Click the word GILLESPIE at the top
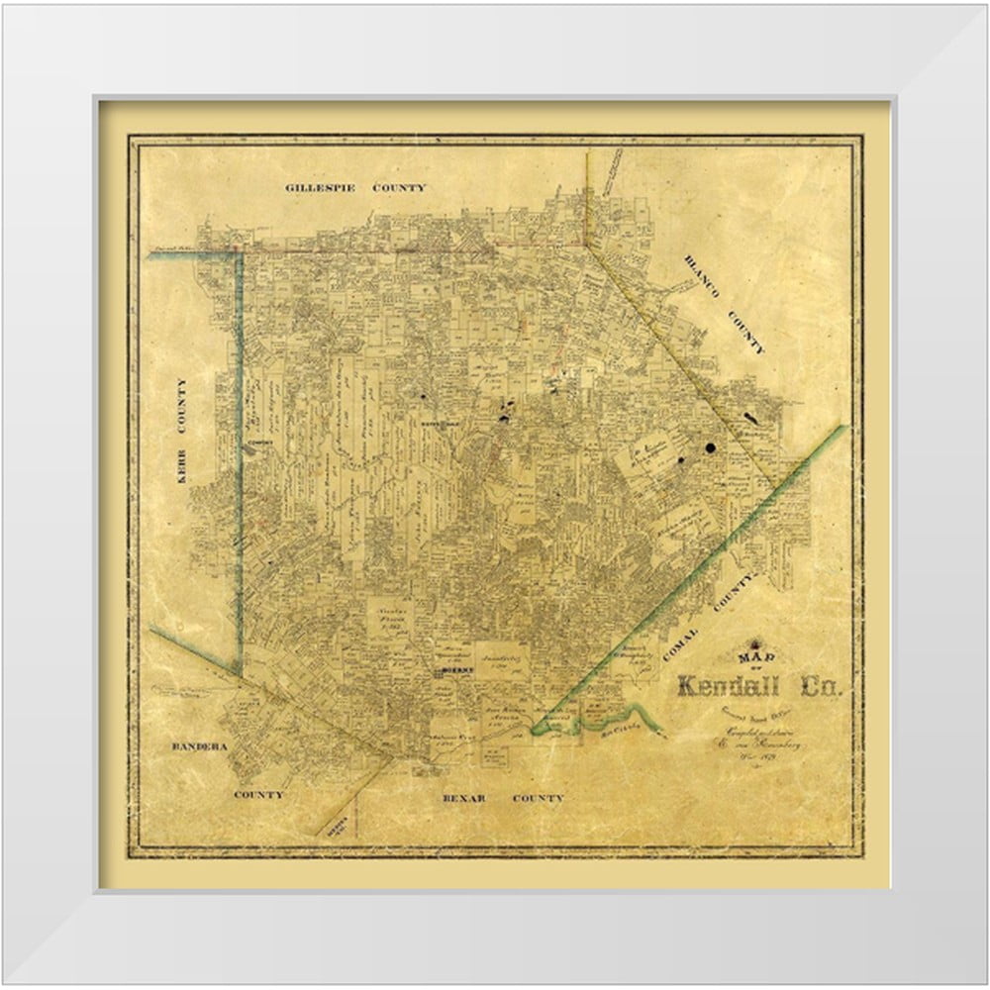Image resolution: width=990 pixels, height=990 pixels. point(320,187)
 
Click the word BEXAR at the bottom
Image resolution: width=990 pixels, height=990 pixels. point(464,797)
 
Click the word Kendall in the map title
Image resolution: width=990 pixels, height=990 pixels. point(734,686)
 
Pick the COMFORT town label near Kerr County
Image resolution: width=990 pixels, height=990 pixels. point(260,443)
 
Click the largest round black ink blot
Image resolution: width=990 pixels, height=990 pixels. point(711,447)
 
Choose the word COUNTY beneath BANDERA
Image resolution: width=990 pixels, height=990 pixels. point(258,794)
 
